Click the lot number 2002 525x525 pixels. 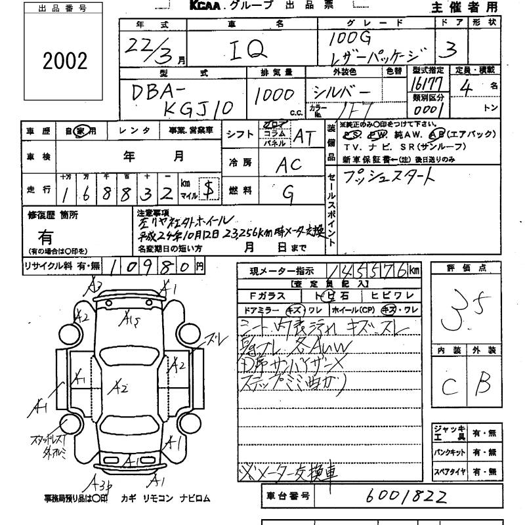click(64, 61)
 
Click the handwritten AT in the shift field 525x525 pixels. click(304, 136)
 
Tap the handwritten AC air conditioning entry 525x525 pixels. click(288, 165)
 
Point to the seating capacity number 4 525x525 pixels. click(467, 88)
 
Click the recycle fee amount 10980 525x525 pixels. click(150, 266)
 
